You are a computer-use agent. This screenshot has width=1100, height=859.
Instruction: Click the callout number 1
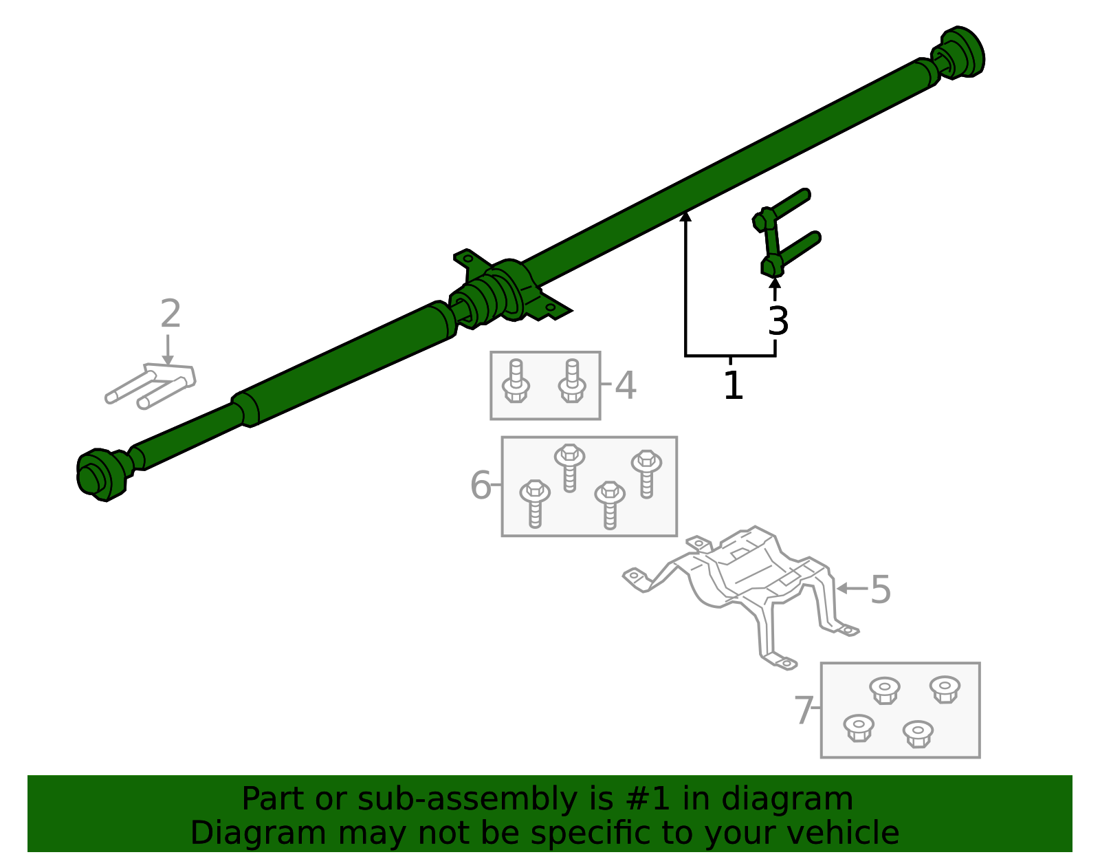734,386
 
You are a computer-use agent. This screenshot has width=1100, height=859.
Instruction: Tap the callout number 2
170,314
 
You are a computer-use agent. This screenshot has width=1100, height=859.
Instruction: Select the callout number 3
778,321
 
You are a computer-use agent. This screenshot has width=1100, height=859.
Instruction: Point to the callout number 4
625,385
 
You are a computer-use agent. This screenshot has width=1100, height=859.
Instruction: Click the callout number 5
881,590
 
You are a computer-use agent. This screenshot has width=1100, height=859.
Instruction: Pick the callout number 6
481,486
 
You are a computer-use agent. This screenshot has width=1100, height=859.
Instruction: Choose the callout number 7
804,710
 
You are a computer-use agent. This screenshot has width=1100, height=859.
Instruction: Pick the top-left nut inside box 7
884,690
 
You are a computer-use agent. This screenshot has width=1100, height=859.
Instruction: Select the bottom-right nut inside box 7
917,733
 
